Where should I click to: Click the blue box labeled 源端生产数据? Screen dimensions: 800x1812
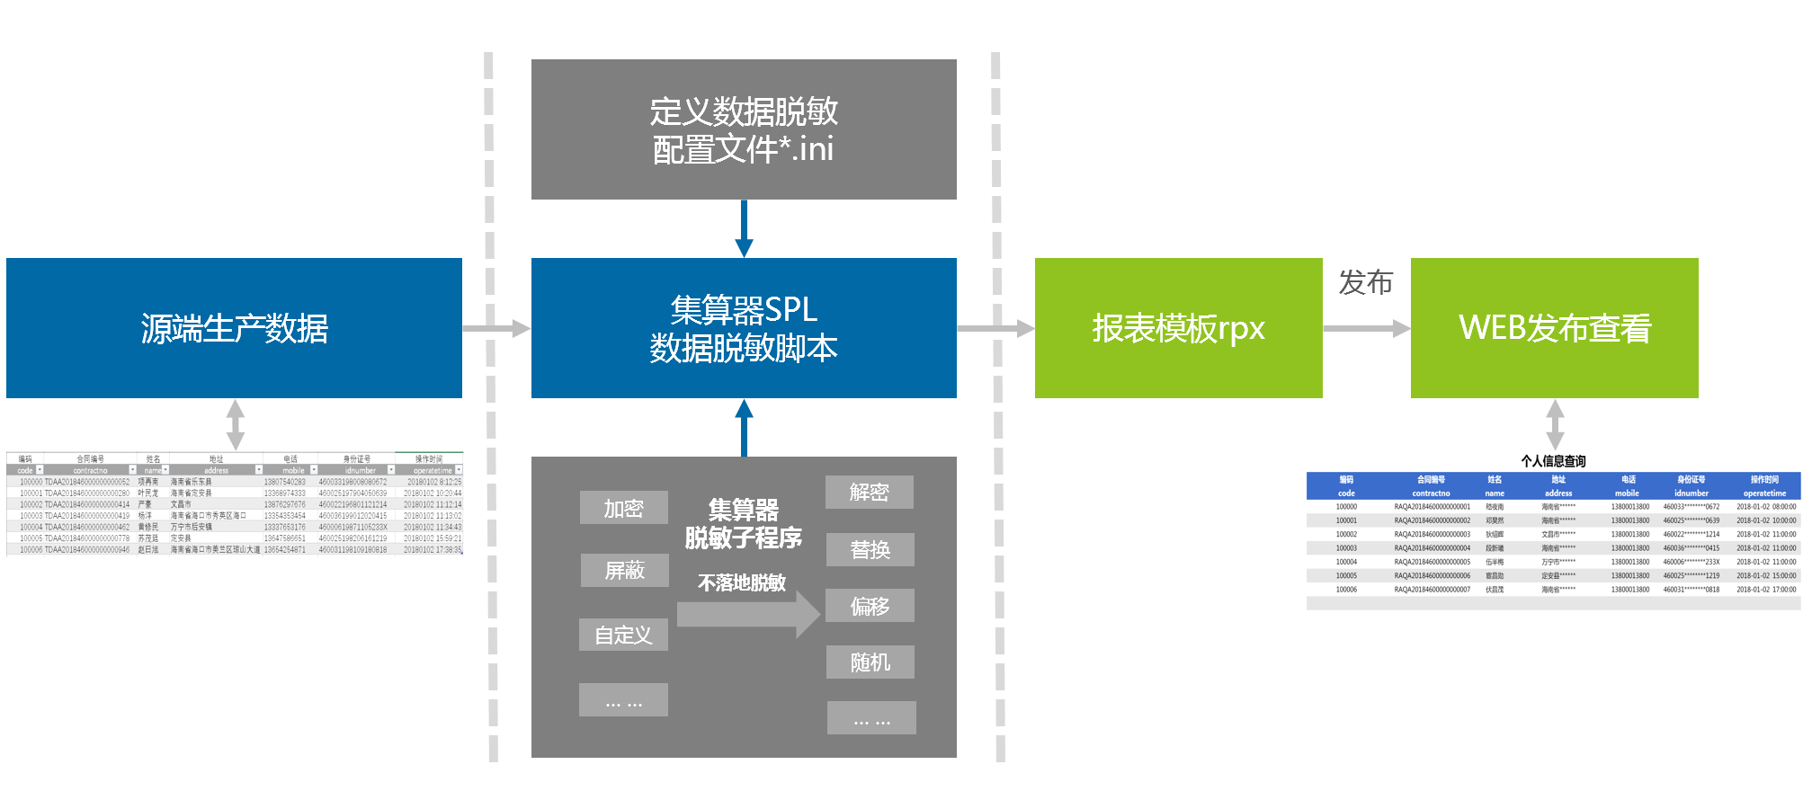pos(234,328)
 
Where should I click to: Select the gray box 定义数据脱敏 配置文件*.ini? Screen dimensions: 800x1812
pos(744,129)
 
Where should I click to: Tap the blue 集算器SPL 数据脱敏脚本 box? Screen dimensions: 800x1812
pos(744,328)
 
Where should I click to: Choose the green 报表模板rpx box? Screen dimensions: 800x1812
pos(1178,328)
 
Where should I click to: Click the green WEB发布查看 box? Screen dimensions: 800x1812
pos(1554,328)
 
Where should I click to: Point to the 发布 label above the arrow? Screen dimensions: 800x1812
pos(1365,282)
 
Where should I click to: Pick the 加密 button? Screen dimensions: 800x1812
pos(623,508)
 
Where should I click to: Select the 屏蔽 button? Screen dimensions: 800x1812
pos(624,570)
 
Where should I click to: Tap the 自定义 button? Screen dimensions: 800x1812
pos(623,635)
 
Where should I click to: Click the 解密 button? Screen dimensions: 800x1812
pos(869,492)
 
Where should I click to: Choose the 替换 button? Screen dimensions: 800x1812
pos(870,549)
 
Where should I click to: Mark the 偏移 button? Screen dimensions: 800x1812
pos(870,606)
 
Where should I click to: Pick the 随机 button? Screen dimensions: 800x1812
pos(870,662)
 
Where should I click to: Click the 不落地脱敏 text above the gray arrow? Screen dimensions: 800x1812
pos(742,582)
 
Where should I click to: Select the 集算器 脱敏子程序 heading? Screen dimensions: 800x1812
pos(743,523)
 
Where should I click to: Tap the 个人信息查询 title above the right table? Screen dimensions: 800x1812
pos(1553,461)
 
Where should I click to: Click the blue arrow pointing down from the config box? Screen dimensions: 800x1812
pos(744,229)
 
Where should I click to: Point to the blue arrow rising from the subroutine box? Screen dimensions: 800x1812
pos(744,427)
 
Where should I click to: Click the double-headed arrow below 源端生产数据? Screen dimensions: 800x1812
pos(236,424)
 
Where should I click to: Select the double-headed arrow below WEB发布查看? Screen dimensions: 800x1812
pos(1555,424)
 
